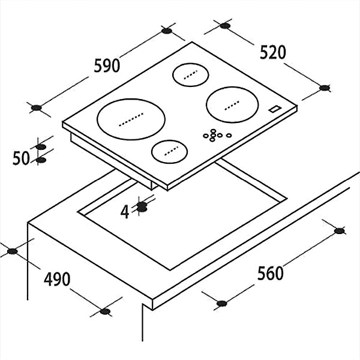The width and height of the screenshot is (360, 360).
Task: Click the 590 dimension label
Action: point(107,65)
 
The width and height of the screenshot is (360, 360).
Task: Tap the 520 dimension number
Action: point(273,52)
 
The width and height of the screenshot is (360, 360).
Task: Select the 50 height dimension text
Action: point(21,158)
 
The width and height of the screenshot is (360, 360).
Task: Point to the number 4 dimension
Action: point(125,212)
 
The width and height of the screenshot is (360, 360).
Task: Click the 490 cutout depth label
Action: point(57,279)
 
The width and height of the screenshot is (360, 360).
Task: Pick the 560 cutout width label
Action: point(271,273)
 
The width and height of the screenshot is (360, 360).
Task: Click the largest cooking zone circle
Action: point(131,119)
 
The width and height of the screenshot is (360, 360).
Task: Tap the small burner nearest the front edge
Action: point(169,152)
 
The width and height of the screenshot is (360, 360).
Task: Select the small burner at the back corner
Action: point(191,75)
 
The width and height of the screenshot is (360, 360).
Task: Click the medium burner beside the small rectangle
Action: point(232,104)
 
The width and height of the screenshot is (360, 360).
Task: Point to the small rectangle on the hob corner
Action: point(275,109)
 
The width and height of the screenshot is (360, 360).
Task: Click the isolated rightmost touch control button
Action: point(229,136)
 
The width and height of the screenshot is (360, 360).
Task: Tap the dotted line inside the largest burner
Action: point(131,119)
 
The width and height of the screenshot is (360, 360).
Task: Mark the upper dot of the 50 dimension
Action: point(41,147)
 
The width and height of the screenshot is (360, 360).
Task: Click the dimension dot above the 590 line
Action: point(167,31)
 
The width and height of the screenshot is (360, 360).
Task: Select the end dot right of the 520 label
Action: point(325,88)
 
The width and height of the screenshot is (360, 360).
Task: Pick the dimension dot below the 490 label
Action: point(105,311)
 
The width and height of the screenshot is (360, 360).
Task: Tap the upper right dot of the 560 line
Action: point(340,231)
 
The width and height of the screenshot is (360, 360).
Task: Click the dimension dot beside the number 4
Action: point(142,206)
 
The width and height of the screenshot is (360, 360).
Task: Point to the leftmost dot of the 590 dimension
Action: point(36,107)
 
